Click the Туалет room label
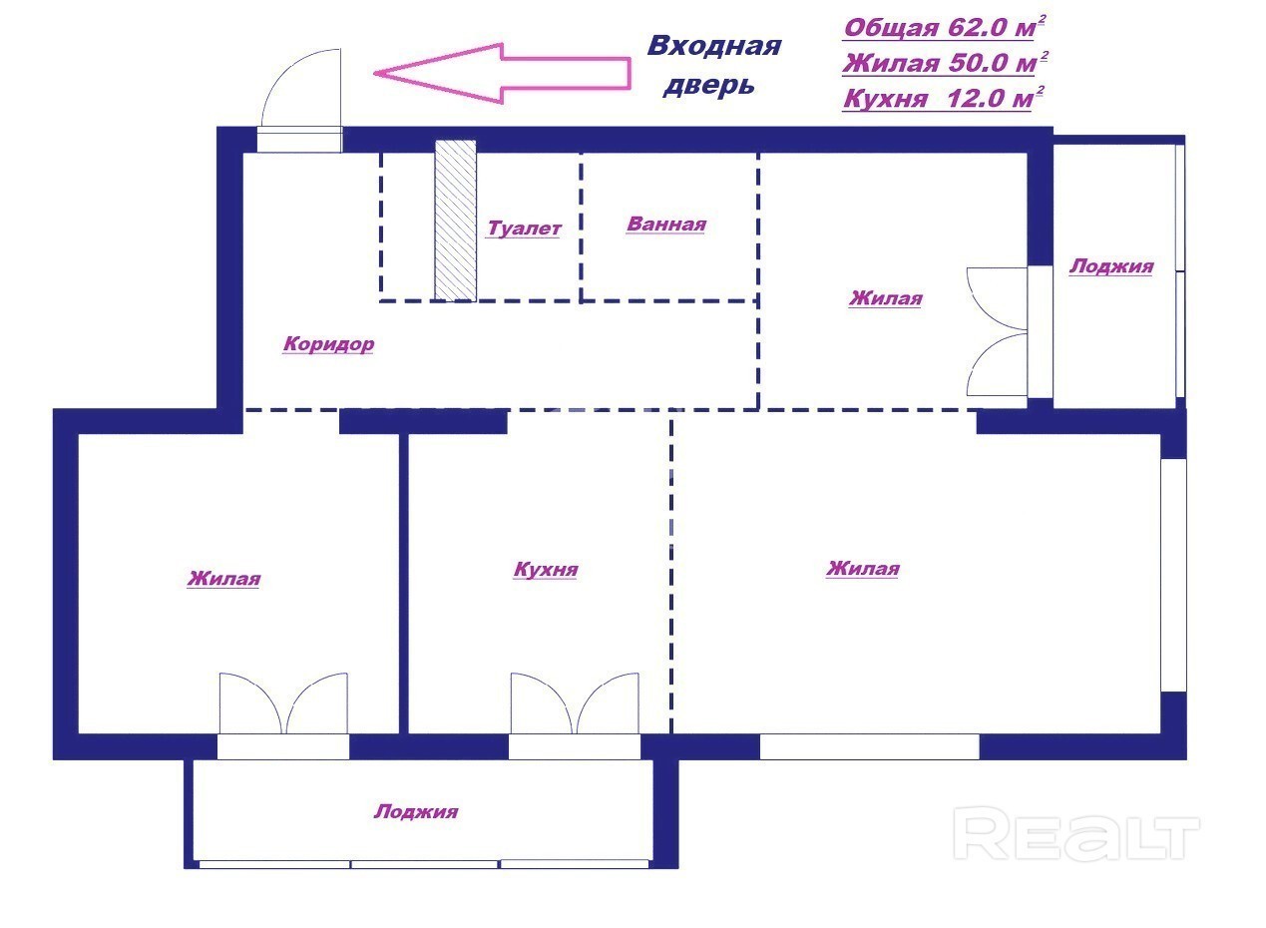[524, 229]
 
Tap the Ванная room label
[666, 225]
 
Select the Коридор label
[328, 343]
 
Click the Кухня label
[546, 569]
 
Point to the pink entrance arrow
[503, 73]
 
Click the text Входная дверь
[714, 65]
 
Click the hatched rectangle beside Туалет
[455, 220]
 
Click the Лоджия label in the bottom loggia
[416, 811]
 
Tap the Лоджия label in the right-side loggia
[1111, 266]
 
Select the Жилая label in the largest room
[863, 568]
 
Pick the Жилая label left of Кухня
[223, 578]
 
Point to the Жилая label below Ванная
[886, 297]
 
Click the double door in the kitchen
[575, 703]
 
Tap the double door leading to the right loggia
[997, 331]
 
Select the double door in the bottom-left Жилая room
[283, 703]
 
